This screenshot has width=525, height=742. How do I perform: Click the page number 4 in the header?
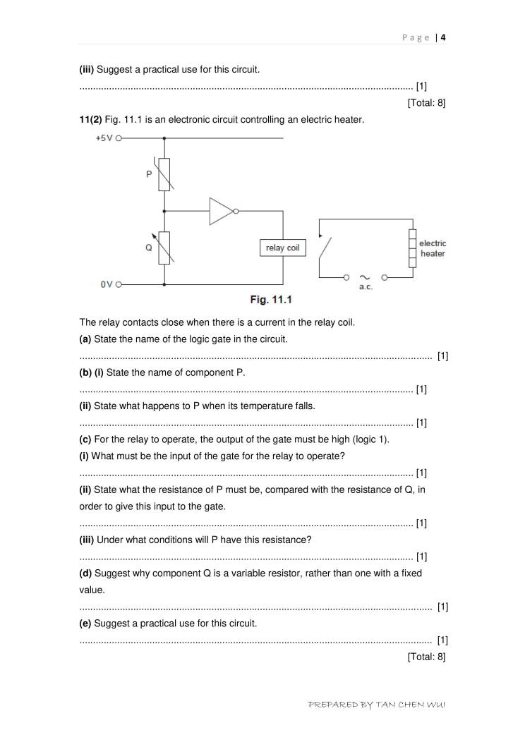pos(443,38)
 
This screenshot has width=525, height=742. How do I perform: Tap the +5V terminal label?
pos(104,139)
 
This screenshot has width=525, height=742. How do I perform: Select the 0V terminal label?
pos(107,284)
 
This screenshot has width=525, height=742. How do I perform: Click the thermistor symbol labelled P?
pos(164,174)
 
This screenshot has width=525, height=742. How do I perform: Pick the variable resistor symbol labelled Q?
pos(164,248)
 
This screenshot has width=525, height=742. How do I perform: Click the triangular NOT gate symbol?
pos(222,211)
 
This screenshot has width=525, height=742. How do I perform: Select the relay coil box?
pos(282,248)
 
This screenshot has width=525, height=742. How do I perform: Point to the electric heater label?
pos(433,248)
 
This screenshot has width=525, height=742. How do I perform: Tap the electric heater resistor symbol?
pos(412,248)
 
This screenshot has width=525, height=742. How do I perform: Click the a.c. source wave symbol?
pos(366,277)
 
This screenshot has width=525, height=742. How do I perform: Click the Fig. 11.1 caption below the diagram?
pos(271,300)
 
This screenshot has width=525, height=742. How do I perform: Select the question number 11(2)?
pos(90,120)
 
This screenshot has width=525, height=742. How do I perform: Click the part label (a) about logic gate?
pos(85,339)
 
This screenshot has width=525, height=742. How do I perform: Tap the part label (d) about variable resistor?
pos(85,573)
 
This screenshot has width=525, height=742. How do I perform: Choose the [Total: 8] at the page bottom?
pos(426,657)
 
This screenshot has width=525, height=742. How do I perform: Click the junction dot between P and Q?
pos(164,210)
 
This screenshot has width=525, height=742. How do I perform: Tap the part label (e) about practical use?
pos(85,624)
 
